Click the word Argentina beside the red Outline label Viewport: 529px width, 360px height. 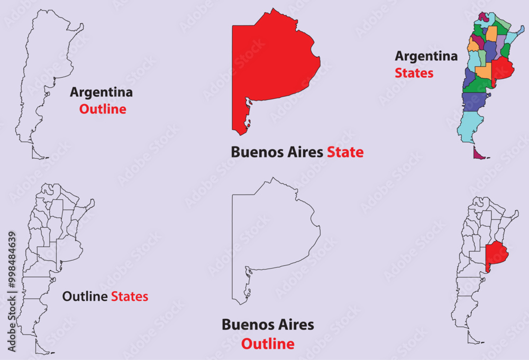[102, 93]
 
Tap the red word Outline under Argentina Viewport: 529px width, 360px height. [103, 109]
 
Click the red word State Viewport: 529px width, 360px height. [345, 153]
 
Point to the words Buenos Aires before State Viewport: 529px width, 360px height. [277, 153]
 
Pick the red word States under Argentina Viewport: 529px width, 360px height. [414, 73]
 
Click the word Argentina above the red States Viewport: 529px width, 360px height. [426, 56]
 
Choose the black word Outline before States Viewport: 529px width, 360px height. [85, 297]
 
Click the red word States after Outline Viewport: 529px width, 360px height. [130, 297]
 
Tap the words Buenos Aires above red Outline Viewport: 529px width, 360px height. [268, 325]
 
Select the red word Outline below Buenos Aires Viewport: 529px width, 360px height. [268, 344]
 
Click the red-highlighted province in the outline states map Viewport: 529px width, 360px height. [496, 253]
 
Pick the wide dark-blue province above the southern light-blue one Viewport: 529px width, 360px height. [472, 101]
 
